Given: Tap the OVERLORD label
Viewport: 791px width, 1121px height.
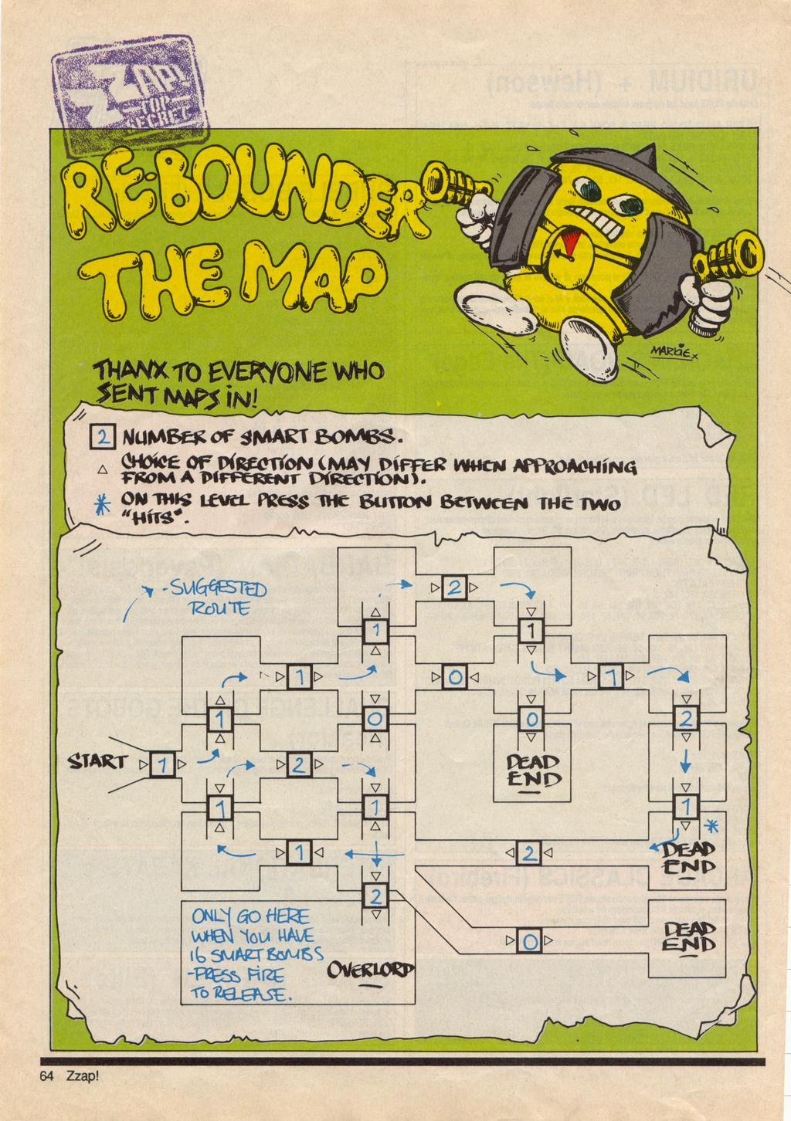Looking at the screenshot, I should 371,969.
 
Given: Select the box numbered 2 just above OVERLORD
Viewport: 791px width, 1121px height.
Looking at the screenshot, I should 375,896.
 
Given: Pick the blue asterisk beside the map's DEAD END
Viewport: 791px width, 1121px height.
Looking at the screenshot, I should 713,826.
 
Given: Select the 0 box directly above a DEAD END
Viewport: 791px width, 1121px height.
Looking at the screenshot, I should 531,720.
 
